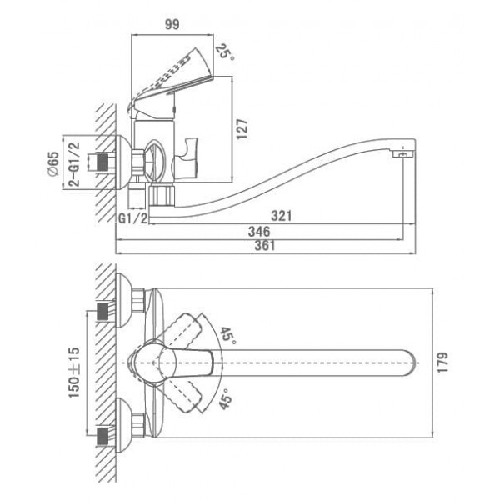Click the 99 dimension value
coord(172,24)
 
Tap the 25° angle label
coord(225,52)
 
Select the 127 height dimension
coord(242,129)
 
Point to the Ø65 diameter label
coord(53,163)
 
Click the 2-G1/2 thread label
coord(73,164)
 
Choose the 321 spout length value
coord(282,216)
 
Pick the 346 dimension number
coord(259,231)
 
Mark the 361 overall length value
coord(265,246)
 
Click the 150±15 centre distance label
coord(74,372)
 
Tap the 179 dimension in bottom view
coord(442,362)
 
